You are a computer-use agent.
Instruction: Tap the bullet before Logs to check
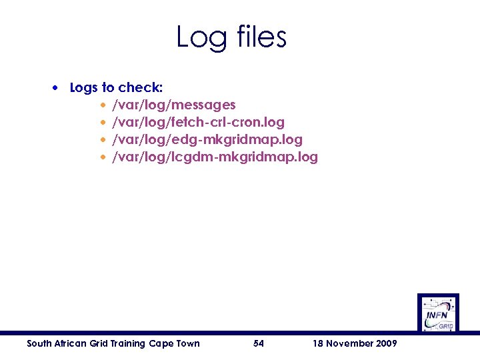60,88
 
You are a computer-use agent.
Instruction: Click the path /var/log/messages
173,105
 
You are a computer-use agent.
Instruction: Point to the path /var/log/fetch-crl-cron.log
198,123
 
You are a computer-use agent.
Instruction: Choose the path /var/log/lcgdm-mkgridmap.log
215,157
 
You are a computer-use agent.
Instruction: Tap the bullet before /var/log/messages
103,105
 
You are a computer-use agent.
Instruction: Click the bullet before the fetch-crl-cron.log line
103,123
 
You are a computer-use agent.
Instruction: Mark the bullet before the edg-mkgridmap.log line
103,140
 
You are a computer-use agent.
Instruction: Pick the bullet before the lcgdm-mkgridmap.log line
103,157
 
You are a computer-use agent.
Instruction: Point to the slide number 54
259,343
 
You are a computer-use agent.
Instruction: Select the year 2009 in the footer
386,343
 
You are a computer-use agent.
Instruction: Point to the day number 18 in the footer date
318,343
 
